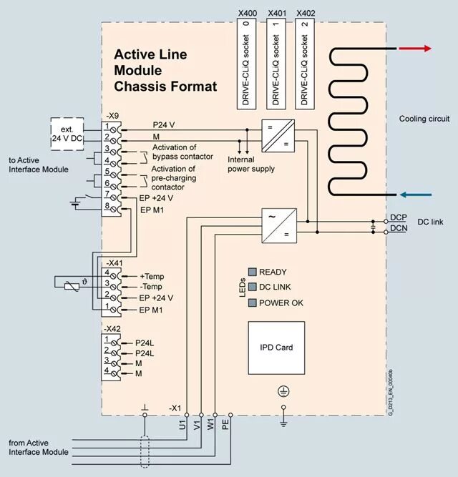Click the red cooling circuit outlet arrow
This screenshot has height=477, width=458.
coord(415,49)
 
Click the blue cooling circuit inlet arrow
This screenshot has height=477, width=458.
coord(415,195)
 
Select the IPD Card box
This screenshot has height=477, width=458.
coord(276,348)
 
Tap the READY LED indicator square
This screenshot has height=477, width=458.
coord(253,272)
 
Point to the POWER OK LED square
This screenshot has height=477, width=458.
coord(253,303)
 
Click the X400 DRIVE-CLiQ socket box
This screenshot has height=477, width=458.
coord(246,64)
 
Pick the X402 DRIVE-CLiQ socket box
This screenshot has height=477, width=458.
coord(305,64)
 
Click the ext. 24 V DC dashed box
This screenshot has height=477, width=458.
coord(67,134)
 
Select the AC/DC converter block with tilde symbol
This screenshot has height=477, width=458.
coord(279,225)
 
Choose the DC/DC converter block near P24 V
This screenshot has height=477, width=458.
coord(278,136)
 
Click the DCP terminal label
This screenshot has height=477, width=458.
coord(399,217)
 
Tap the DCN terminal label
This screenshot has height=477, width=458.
coord(399,228)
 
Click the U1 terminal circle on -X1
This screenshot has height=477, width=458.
coord(187,415)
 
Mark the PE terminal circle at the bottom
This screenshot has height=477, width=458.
coord(230,415)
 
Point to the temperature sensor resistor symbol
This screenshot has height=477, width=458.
coord(72,286)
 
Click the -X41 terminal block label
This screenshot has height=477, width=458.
coord(114,263)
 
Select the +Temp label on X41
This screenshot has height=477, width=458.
coord(152,276)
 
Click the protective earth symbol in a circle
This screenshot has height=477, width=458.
coord(283,391)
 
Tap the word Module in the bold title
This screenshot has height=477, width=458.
coord(138,70)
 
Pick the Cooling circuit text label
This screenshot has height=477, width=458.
coord(424,119)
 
